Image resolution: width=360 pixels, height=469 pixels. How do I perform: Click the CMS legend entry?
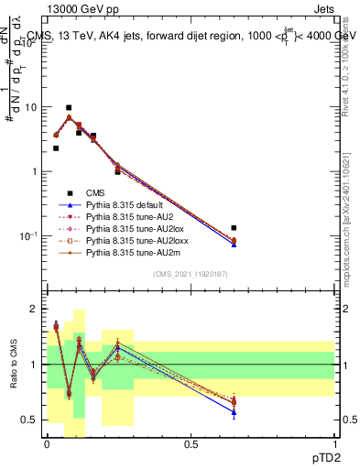coord(94,192)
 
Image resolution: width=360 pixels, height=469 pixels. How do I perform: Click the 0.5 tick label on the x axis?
coord(191,444)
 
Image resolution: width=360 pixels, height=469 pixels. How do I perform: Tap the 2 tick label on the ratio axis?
coord(34,309)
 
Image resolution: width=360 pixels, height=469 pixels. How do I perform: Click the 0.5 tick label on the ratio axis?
coord(30,420)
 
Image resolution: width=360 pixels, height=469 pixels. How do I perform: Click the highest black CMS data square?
coord(69,108)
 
